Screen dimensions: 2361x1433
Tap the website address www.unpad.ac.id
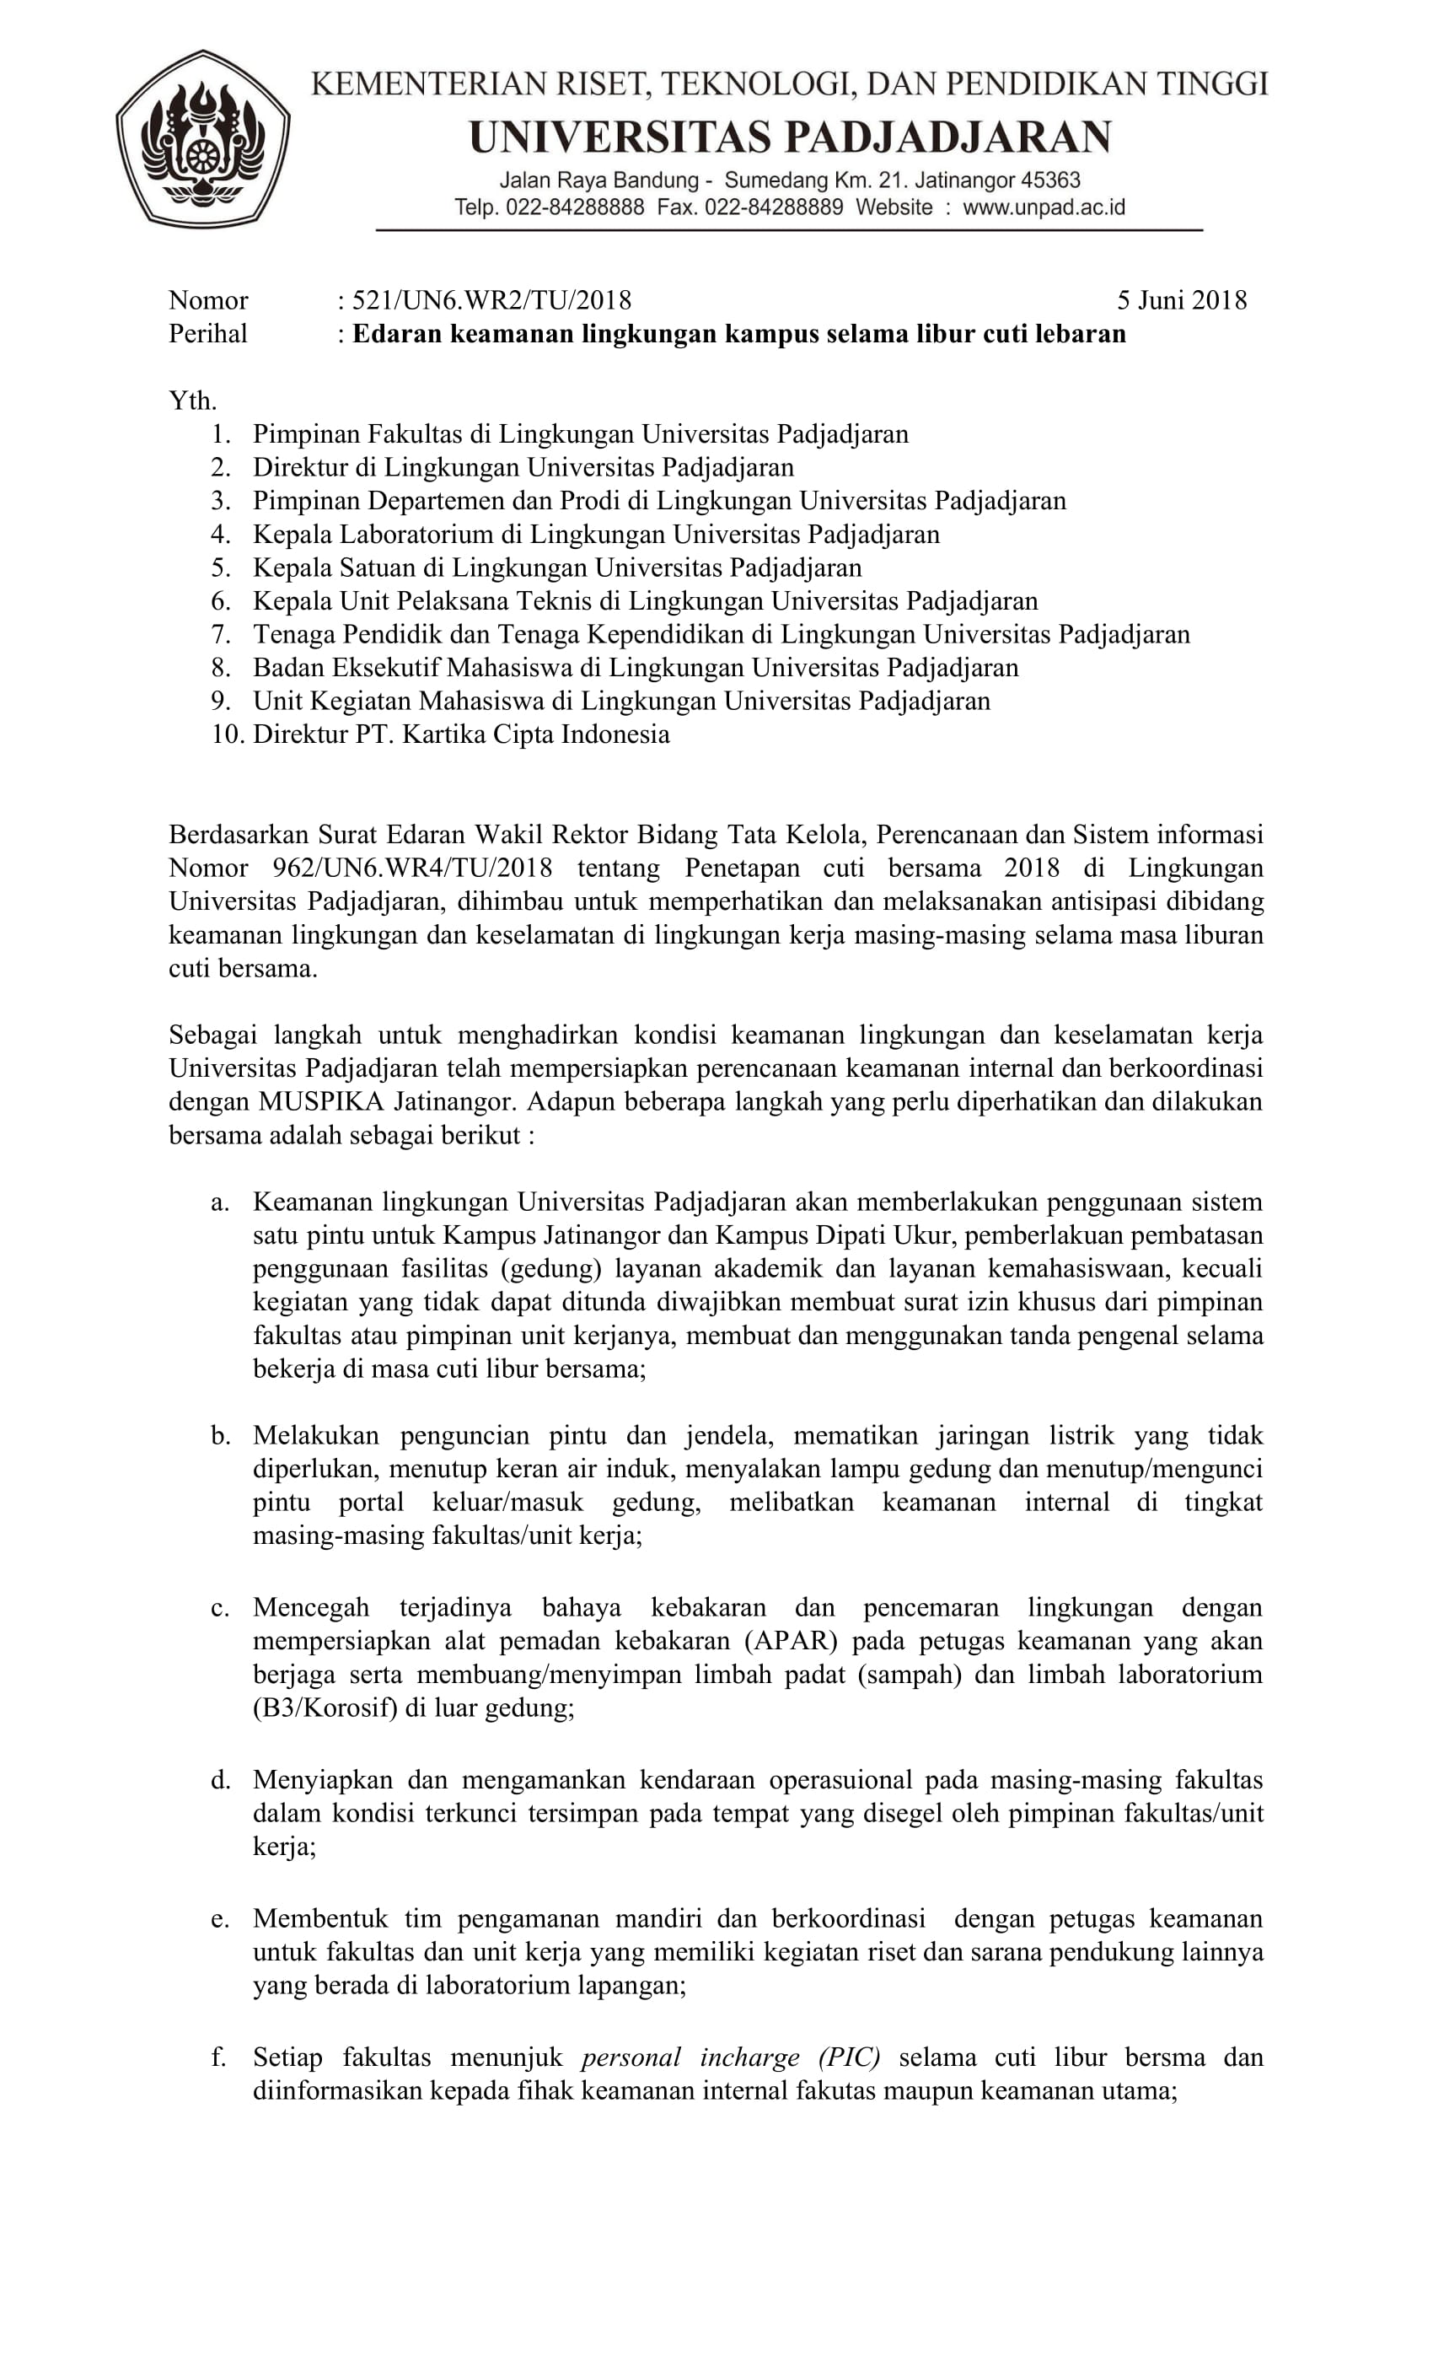(1044, 207)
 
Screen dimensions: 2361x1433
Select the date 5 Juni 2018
(1181, 301)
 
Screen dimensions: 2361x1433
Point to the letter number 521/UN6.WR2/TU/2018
(491, 301)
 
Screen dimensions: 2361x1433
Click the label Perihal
(208, 333)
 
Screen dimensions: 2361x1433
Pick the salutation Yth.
(192, 401)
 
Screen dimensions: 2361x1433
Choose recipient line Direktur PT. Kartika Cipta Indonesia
(461, 735)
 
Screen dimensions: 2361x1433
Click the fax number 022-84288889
(774, 207)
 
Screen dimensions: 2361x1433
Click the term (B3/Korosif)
(325, 1708)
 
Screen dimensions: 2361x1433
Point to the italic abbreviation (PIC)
(849, 2057)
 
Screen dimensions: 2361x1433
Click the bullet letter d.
(220, 1780)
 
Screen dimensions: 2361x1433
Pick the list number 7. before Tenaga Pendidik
(221, 634)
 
